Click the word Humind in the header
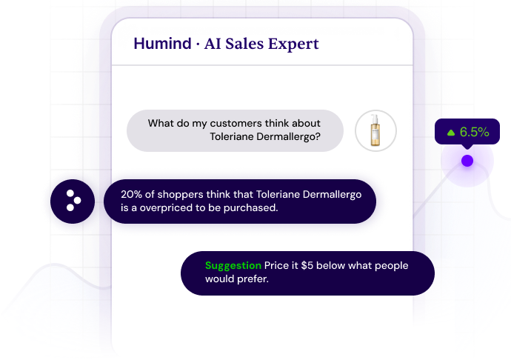pyautogui.click(x=162, y=44)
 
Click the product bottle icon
pyautogui.click(x=375, y=130)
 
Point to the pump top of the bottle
pyautogui.click(x=375, y=118)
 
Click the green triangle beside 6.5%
pyautogui.click(x=451, y=133)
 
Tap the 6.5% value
pyautogui.click(x=475, y=132)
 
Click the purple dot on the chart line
pyautogui.click(x=467, y=161)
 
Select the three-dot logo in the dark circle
pyautogui.click(x=73, y=201)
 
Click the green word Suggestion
pyautogui.click(x=233, y=266)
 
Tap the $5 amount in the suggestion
pyautogui.click(x=307, y=265)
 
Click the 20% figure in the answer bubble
pyautogui.click(x=131, y=194)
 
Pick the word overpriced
pyautogui.click(x=166, y=208)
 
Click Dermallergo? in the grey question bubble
pyautogui.click(x=288, y=136)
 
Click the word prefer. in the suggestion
pyautogui.click(x=253, y=279)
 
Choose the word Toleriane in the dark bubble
pyautogui.click(x=278, y=194)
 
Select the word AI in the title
pyautogui.click(x=212, y=44)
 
